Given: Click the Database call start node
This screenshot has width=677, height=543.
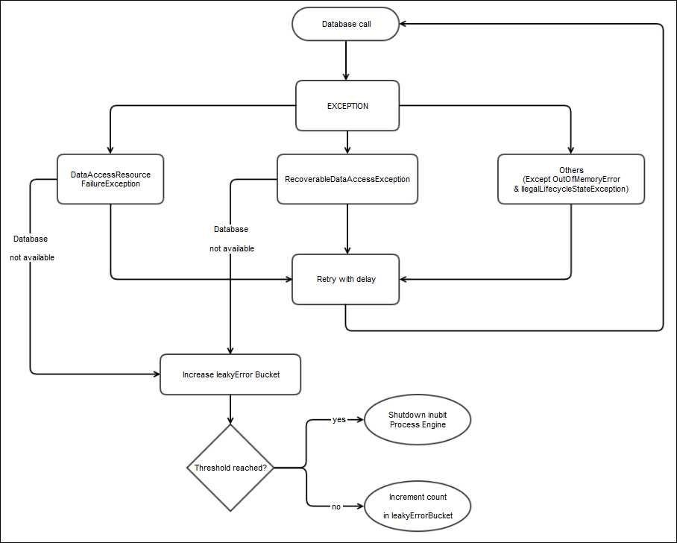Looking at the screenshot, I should point(347,25).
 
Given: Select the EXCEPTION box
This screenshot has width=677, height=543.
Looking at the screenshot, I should point(347,106).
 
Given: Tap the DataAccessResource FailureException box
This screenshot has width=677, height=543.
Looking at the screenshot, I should point(110,179).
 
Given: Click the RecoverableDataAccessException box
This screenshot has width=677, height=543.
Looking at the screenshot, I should point(347,179).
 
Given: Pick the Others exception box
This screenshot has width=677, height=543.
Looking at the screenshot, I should point(571,179).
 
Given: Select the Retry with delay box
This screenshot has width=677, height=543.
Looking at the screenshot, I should point(346,280).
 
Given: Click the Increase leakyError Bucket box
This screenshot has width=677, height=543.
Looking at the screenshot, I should point(231,374).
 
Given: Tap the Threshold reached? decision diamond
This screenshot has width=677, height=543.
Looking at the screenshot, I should point(230,468).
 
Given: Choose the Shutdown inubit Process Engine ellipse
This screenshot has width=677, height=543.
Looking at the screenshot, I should point(418,419).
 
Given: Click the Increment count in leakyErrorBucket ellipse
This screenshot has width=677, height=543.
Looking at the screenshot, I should point(418,506).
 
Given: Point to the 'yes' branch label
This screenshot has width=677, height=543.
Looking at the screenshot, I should point(339,420).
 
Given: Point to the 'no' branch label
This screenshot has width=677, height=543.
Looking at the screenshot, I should point(336,507).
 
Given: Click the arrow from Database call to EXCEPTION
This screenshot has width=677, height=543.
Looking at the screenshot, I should point(347,61).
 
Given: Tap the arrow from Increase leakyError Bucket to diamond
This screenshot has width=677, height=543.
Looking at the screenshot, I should point(230,409).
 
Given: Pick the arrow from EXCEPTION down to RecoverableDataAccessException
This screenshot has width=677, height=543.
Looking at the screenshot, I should point(347,142).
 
